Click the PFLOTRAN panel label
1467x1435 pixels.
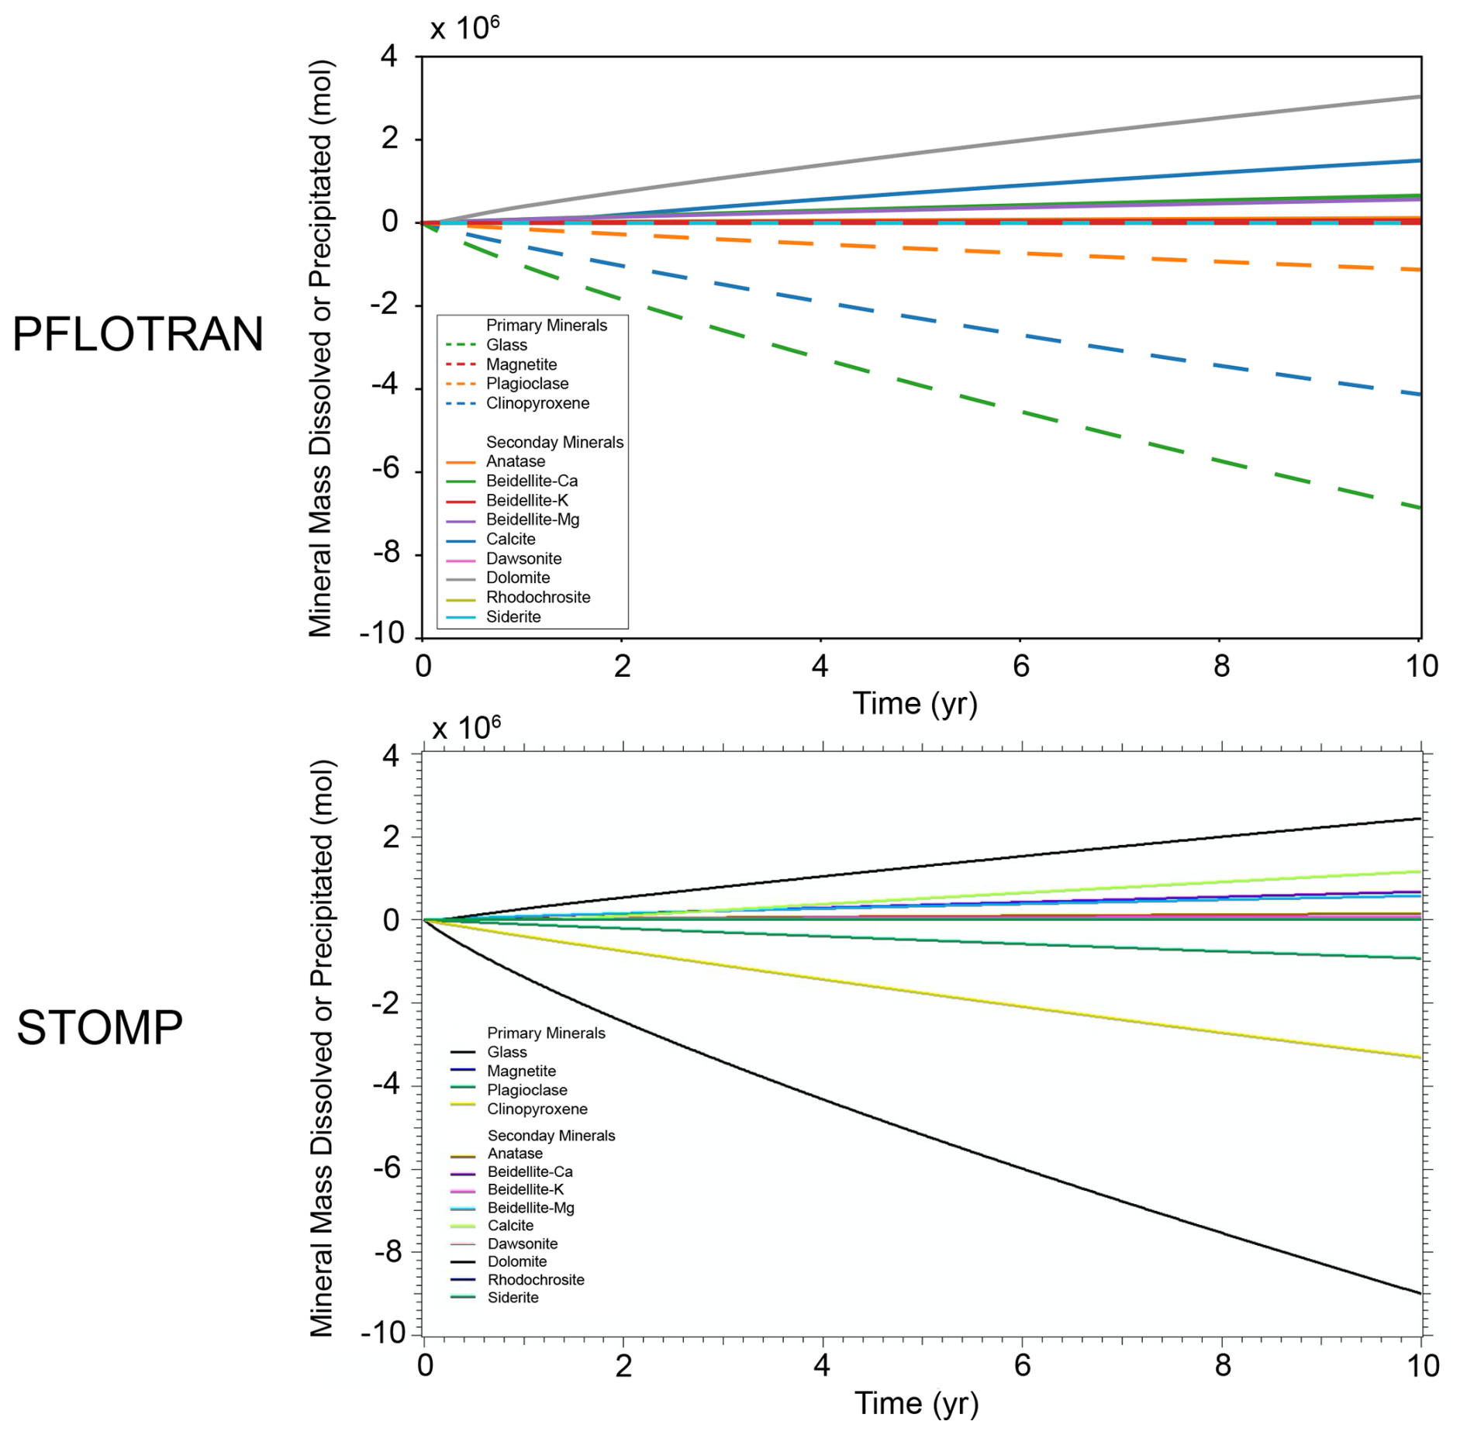138,335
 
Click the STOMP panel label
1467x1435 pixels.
99,1028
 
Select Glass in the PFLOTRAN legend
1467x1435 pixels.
506,345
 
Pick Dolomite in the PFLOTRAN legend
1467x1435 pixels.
517,578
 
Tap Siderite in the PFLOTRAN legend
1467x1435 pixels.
513,617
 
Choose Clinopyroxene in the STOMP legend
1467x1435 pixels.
537,1109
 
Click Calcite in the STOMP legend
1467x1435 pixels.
510,1226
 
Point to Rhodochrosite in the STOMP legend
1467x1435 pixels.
535,1280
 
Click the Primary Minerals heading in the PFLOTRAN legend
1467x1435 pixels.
546,326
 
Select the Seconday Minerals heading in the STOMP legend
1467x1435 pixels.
551,1136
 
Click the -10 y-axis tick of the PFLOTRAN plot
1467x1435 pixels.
382,633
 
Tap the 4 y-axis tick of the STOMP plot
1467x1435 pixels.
391,756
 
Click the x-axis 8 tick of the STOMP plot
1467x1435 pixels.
1223,1366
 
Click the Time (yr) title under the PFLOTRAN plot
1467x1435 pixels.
915,704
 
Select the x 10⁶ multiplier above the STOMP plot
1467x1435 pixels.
466,729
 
